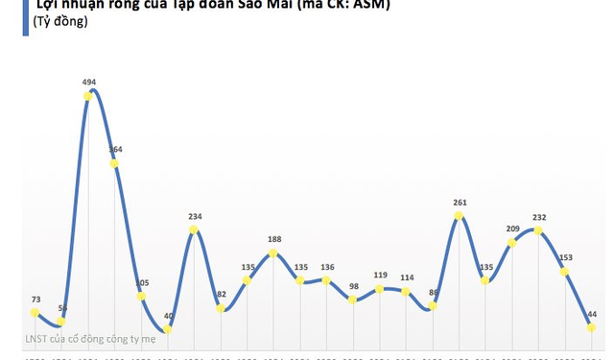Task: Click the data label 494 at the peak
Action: (x=89, y=83)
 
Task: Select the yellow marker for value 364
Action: (x=115, y=163)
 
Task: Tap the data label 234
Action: (x=195, y=217)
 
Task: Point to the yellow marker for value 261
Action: (x=459, y=215)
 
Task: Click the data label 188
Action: (x=273, y=240)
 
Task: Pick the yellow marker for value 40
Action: (x=168, y=329)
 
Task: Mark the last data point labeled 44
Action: (x=591, y=327)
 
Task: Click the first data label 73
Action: (x=35, y=300)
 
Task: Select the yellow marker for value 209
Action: (x=512, y=243)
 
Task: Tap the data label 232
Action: (x=538, y=217)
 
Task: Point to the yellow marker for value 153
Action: (x=565, y=272)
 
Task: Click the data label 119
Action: (x=380, y=275)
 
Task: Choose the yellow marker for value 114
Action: (x=406, y=291)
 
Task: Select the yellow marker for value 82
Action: (x=221, y=308)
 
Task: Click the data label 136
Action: (x=327, y=267)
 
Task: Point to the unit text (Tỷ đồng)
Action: (x=60, y=21)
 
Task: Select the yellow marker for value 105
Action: (x=141, y=297)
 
